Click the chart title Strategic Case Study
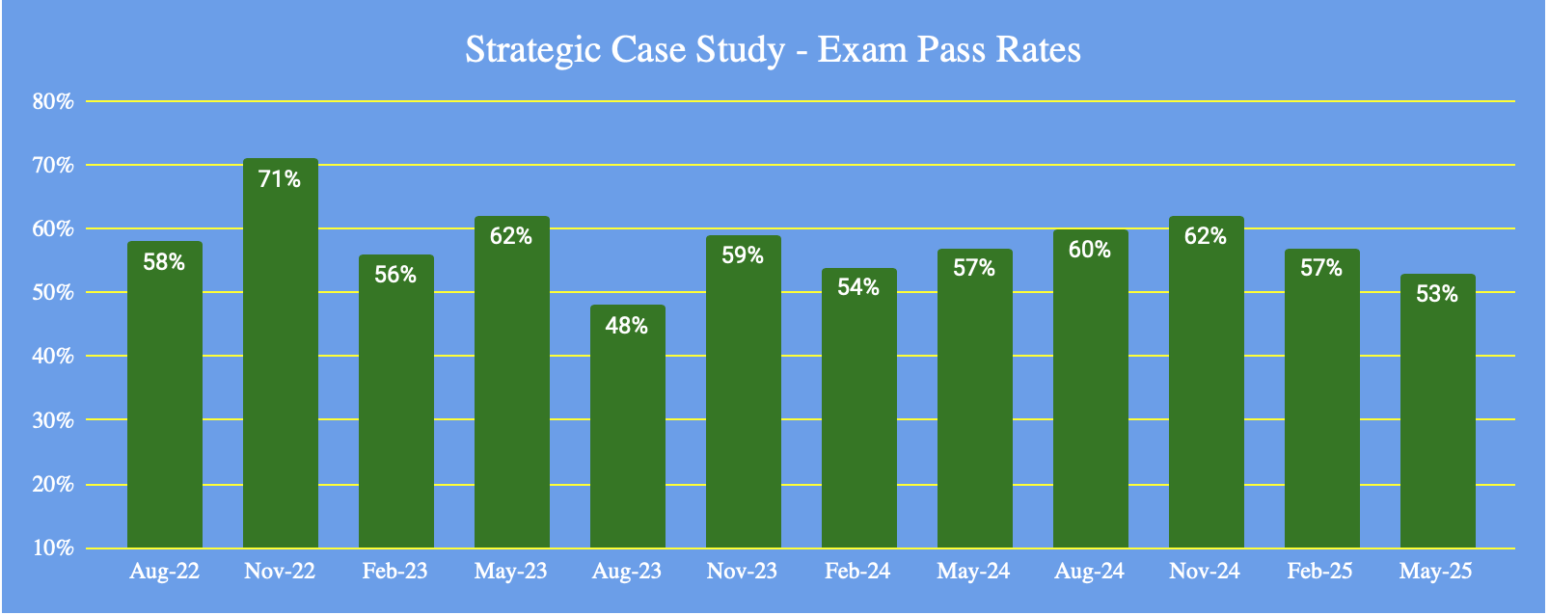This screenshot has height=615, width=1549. (625, 50)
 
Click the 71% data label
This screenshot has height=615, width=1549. (280, 178)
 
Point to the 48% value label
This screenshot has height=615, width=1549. (627, 326)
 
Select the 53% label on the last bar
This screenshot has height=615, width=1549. (1437, 294)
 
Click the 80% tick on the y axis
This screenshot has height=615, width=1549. (53, 101)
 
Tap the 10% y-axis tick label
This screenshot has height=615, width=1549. (53, 548)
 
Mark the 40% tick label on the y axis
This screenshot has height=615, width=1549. (53, 357)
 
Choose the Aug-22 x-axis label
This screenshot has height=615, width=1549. (164, 572)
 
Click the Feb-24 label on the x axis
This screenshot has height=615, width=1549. (857, 572)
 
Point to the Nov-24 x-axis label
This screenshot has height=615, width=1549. (1205, 572)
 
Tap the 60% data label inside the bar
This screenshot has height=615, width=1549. (1090, 250)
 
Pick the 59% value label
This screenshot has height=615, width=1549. (743, 255)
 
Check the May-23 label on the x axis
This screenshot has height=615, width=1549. (510, 572)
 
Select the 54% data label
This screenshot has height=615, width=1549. (858, 287)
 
